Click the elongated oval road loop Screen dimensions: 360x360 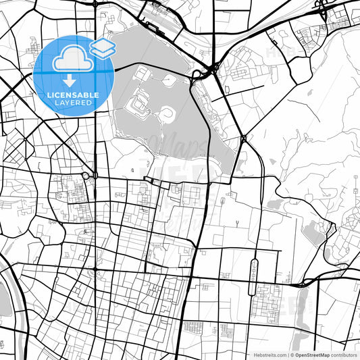(x=254, y=277)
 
